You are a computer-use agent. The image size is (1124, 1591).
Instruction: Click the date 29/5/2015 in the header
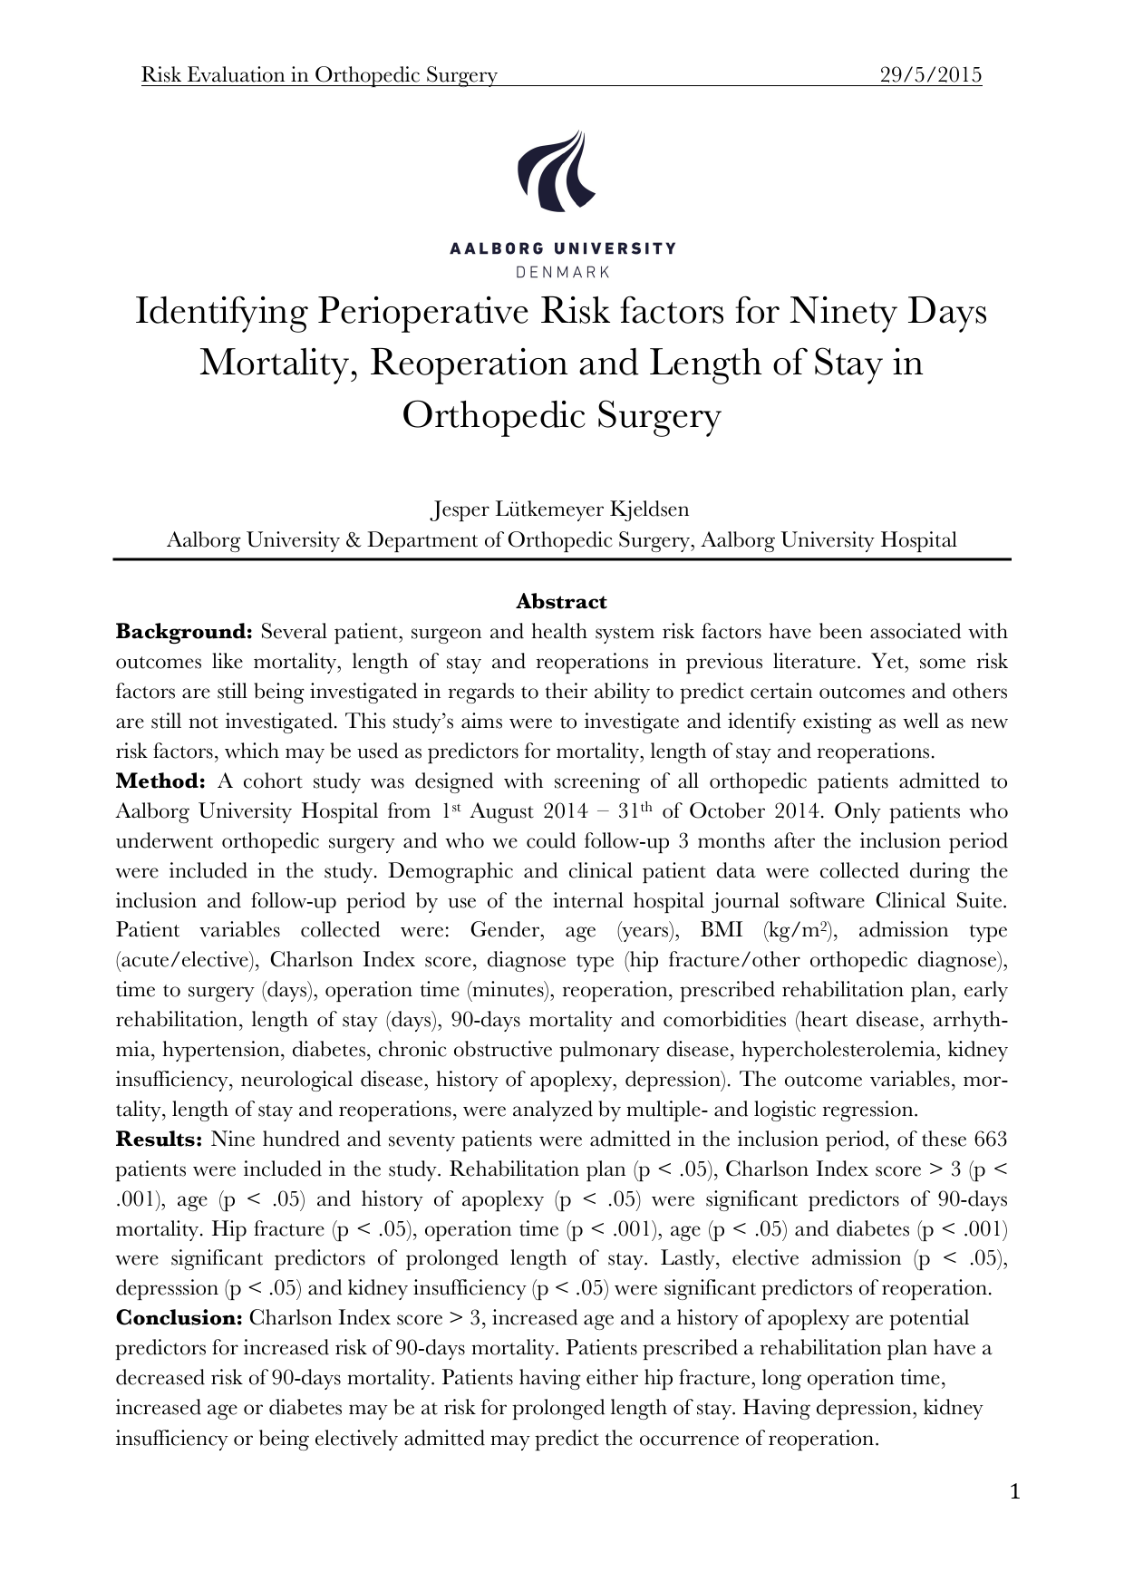point(931,75)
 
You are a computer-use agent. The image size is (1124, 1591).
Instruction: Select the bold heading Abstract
point(561,602)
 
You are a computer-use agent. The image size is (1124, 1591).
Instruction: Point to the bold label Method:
point(161,781)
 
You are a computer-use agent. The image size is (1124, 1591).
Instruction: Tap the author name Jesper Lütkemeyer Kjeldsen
point(560,509)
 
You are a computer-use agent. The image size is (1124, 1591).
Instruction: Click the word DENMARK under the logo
point(562,271)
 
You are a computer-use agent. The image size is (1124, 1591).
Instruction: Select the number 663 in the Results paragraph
point(990,1140)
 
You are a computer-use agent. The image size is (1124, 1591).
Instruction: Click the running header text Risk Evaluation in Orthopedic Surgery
point(319,75)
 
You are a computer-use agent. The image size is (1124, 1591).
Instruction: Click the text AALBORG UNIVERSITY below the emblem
point(562,248)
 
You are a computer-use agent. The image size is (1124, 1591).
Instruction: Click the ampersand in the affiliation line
point(354,540)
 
